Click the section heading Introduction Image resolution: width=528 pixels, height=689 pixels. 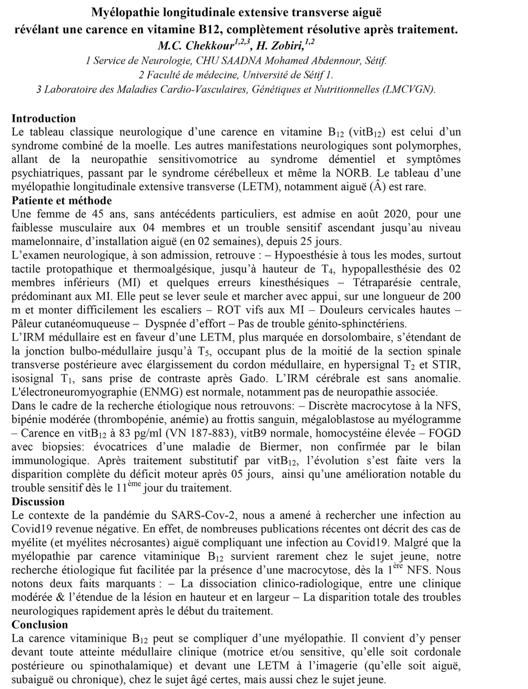pyautogui.click(x=43, y=119)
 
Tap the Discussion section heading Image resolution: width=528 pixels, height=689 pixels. pyautogui.click(x=38, y=501)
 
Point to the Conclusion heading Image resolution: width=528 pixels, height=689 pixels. pyautogui.click(x=40, y=624)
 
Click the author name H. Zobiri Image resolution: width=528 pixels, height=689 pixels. pyautogui.click(x=280, y=45)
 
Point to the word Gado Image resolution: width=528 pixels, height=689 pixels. pyautogui.click(x=273, y=378)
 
